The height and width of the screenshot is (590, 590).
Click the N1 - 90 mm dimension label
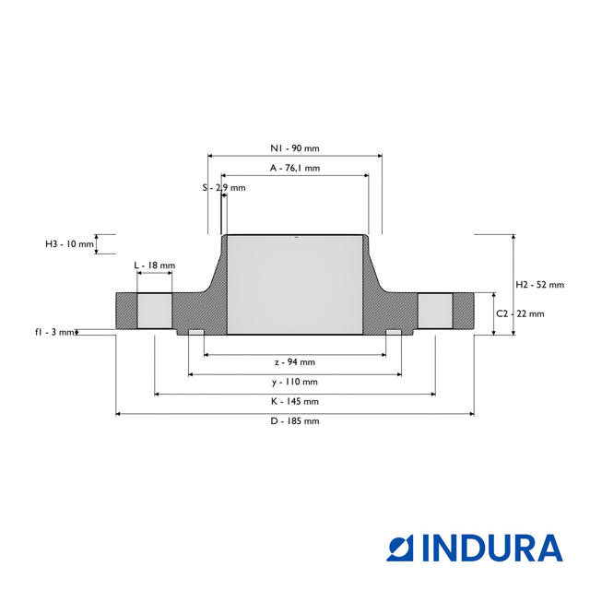(295, 148)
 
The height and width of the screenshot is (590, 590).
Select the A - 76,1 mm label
(295, 168)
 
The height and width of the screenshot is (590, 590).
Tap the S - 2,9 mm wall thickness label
(224, 187)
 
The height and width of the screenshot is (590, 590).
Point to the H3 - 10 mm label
(69, 243)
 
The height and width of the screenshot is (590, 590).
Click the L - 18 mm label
(155, 265)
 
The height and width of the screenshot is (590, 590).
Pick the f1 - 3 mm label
(54, 332)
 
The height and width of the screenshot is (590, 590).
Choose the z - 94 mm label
(295, 362)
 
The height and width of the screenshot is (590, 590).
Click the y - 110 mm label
(295, 382)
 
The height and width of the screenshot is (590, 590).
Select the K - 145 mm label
(295, 402)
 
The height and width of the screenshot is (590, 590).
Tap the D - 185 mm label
(295, 421)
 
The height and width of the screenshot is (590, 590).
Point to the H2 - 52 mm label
(539, 285)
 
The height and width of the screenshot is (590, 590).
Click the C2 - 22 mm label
(520, 313)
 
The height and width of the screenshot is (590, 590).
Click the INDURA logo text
(492, 548)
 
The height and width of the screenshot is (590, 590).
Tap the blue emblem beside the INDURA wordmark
(399, 548)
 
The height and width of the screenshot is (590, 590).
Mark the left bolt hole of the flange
(154, 311)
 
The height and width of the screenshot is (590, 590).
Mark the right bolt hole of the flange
(435, 311)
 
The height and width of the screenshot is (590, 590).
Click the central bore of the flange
(295, 285)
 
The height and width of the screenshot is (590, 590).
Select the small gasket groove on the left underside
(196, 332)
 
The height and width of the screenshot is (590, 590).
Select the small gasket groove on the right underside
(394, 332)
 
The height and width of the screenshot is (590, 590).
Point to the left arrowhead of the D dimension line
(118, 414)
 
